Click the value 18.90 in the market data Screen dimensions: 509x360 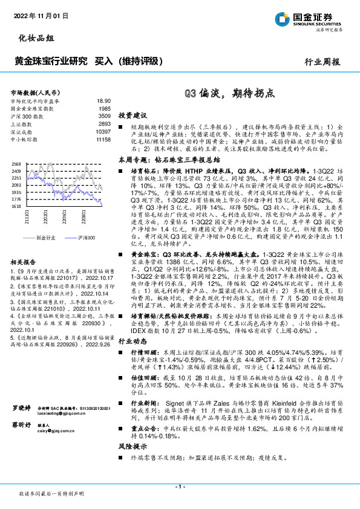(x=103, y=100)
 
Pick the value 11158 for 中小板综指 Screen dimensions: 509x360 (x=102, y=138)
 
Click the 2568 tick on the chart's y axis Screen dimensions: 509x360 (x=16, y=164)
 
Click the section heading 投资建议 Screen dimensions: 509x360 (x=133, y=114)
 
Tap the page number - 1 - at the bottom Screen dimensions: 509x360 (x=180, y=486)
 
